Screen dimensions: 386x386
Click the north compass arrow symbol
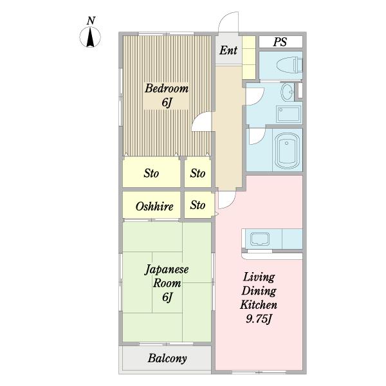point(90,37)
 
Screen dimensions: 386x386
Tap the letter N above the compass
point(91,21)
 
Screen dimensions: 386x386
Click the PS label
point(280,42)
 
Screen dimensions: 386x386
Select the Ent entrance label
point(228,50)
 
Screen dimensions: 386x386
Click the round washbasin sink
point(288,92)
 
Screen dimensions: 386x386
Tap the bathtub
point(286,151)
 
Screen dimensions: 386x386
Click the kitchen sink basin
point(259,239)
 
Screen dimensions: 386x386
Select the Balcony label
point(167,358)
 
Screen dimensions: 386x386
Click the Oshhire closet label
point(154,206)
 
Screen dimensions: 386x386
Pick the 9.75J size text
point(259,319)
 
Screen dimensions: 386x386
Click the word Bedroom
point(167,88)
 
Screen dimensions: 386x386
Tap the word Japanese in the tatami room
point(167,270)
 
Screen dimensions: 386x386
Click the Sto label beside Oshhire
point(198,205)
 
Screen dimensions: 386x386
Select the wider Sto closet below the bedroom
point(151,172)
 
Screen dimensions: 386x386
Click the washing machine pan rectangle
point(288,115)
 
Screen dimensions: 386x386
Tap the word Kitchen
point(259,305)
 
